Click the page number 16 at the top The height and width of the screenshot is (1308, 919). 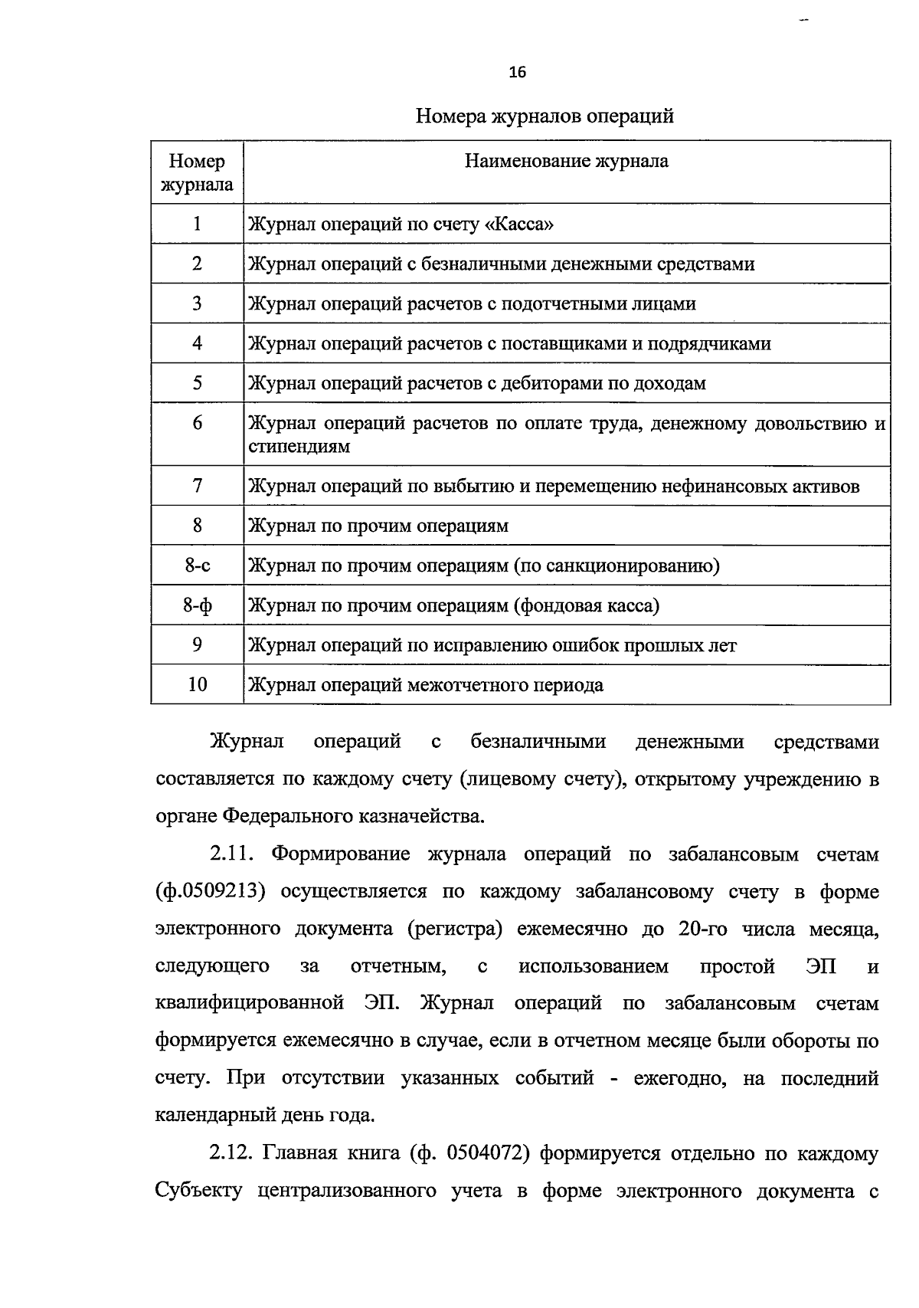pyautogui.click(x=518, y=73)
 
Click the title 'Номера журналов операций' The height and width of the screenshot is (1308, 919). pyautogui.click(x=545, y=116)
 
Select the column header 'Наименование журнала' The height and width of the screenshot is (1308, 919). pyautogui.click(x=567, y=162)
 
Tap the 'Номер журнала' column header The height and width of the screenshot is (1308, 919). pyautogui.click(x=197, y=172)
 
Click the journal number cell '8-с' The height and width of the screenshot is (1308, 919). pyautogui.click(x=197, y=566)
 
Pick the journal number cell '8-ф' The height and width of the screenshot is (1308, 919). pyautogui.click(x=197, y=606)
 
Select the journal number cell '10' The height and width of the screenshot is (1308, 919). pyautogui.click(x=197, y=685)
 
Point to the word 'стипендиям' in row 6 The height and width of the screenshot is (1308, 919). pyautogui.click(x=299, y=447)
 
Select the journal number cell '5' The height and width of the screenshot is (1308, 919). pyautogui.click(x=197, y=383)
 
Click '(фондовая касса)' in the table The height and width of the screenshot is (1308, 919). pyautogui.click(x=587, y=606)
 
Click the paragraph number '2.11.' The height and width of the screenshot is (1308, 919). pyautogui.click(x=234, y=854)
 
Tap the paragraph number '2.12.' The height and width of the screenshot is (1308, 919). pyautogui.click(x=234, y=1154)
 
